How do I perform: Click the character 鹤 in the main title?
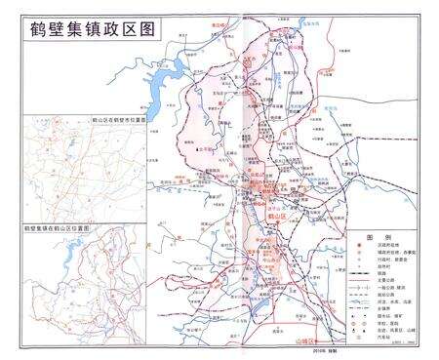[x=30, y=29]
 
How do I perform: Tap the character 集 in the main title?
[x=74, y=29]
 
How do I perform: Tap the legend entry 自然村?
[x=383, y=266]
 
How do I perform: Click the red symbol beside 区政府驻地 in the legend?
[x=361, y=245]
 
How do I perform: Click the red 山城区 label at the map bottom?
[x=306, y=342]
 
